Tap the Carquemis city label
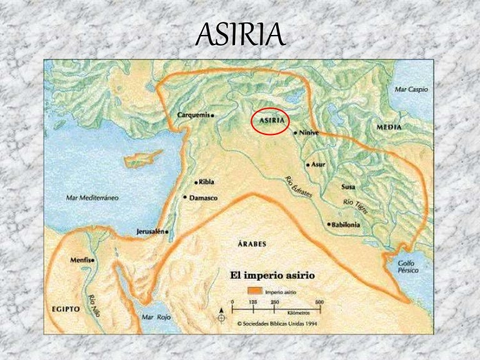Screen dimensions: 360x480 point(194,115)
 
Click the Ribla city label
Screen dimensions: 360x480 point(206,182)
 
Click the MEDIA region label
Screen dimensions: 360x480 point(389,127)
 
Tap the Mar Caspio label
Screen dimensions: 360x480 point(411,89)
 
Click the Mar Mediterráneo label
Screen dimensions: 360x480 point(92,197)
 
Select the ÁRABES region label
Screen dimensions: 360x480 point(252,243)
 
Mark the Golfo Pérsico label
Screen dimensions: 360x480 point(406,267)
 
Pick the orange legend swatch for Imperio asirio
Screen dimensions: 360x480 point(255,291)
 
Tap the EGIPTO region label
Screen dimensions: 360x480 point(65,309)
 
